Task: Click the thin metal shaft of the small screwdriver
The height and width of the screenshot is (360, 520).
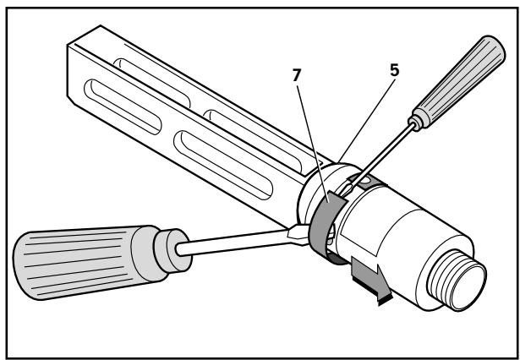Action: click(x=389, y=152)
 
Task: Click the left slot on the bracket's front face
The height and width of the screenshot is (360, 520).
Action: click(x=109, y=101)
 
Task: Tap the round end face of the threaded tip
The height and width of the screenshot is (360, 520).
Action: click(x=469, y=279)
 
